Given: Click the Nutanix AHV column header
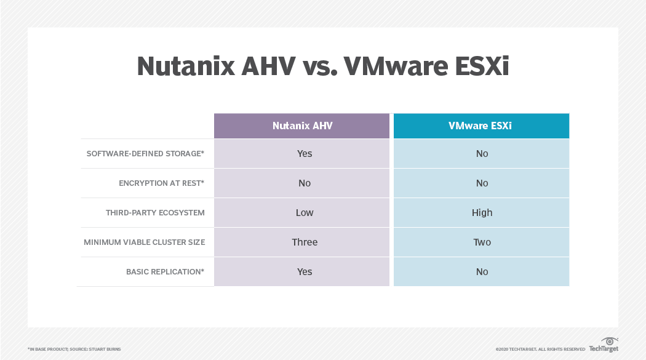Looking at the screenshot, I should tap(301, 126).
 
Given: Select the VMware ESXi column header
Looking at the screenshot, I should tap(481, 126).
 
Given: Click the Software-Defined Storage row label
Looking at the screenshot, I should tap(145, 153).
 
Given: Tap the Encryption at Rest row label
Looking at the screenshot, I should tap(161, 183).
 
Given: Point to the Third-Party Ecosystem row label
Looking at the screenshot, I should tap(155, 212).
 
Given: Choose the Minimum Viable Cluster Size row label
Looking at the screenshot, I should tap(145, 242).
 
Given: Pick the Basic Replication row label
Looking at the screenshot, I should tap(165, 271).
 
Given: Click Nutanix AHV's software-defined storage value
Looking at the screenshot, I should tap(305, 153).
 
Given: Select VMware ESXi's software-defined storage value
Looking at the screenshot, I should tap(482, 153).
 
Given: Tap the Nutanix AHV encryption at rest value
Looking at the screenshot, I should tap(305, 183).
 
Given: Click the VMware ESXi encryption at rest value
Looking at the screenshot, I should tap(482, 183).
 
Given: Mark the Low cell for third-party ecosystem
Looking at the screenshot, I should tap(305, 212).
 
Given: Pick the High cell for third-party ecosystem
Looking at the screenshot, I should tap(482, 212).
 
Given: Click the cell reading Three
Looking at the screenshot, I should tap(305, 242).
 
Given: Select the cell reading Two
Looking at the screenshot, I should tap(482, 242).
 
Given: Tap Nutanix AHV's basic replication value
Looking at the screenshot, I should tap(305, 271).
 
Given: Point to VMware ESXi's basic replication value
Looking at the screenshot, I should tap(482, 271).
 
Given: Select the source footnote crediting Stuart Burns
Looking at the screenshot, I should tap(74, 349).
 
